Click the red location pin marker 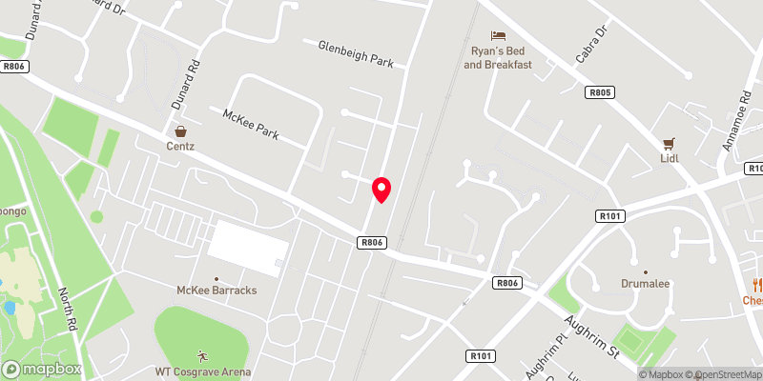(381, 189)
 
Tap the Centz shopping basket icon (179, 131)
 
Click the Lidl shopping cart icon (670, 143)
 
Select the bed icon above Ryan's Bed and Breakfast (496, 35)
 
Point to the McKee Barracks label (217, 290)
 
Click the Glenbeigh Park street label (355, 53)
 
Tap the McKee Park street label (250, 125)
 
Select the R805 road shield (600, 92)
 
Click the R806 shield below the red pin (372, 243)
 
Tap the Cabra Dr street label (591, 45)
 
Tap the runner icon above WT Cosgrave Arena (201, 354)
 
